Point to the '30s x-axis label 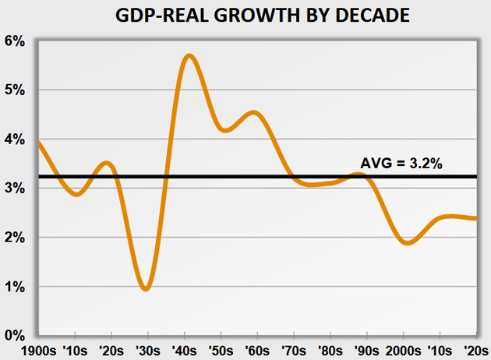[x=149, y=350]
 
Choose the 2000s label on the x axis [x=404, y=350]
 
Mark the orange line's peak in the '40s [x=189, y=55]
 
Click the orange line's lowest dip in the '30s [x=147, y=289]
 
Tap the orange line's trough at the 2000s [x=407, y=243]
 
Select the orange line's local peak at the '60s [x=253, y=113]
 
